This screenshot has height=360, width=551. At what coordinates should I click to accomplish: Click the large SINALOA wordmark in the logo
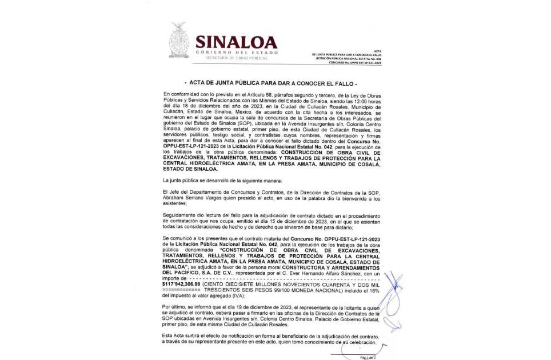click(x=236, y=42)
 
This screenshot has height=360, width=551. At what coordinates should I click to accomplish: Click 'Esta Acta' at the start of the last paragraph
click(x=175, y=337)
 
